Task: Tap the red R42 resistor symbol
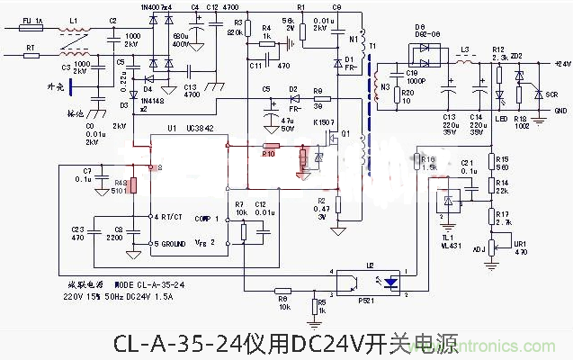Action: click(x=132, y=186)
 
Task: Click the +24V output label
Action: click(x=562, y=65)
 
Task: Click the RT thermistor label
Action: click(x=30, y=45)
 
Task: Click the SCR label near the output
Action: click(x=538, y=94)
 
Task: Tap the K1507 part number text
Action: click(x=324, y=121)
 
